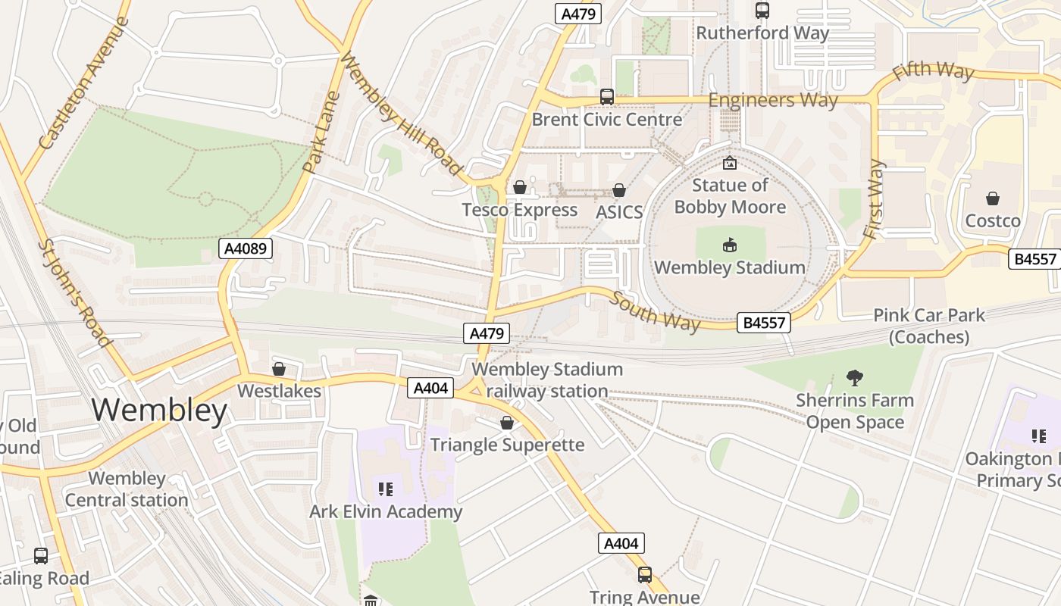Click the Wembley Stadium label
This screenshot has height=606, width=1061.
click(x=729, y=267)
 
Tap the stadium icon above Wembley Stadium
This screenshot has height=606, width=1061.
click(x=729, y=245)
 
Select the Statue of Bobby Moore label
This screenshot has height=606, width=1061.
click(x=729, y=196)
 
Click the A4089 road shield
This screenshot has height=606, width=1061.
click(x=245, y=248)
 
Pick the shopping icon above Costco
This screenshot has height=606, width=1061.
click(x=992, y=199)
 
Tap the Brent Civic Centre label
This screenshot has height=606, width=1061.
click(x=606, y=120)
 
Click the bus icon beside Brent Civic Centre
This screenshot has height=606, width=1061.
click(x=606, y=97)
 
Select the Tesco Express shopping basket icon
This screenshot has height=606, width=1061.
click(x=520, y=187)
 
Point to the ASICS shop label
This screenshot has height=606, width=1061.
click(x=619, y=212)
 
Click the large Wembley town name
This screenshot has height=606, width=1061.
click(x=159, y=410)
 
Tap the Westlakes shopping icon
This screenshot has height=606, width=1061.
click(x=278, y=369)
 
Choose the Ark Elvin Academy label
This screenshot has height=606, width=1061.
click(x=385, y=511)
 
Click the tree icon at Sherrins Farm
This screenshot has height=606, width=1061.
click(x=855, y=377)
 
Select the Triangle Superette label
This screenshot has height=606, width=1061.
click(x=507, y=445)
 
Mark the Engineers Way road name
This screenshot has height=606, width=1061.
click(x=773, y=100)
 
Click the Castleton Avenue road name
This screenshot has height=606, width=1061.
click(x=83, y=83)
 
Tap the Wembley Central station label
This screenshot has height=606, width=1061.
click(x=127, y=489)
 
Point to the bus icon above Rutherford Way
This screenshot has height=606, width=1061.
click(x=762, y=11)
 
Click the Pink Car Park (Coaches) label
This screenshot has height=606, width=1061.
click(x=929, y=326)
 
